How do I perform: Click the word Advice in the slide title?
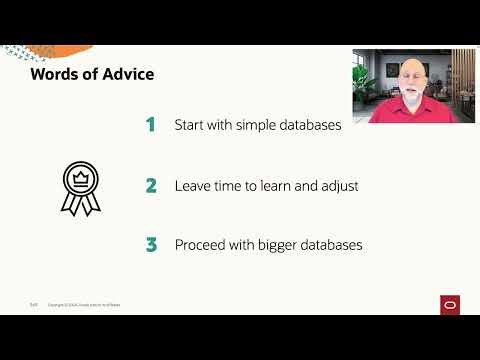click(x=125, y=74)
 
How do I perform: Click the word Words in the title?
click(x=55, y=74)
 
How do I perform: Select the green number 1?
click(x=151, y=125)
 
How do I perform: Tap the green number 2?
click(x=151, y=185)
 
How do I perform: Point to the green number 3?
click(x=151, y=245)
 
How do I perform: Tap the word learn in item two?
click(x=283, y=185)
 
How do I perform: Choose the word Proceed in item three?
click(x=203, y=245)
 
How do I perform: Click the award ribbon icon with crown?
click(x=80, y=188)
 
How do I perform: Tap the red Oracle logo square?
click(x=449, y=304)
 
